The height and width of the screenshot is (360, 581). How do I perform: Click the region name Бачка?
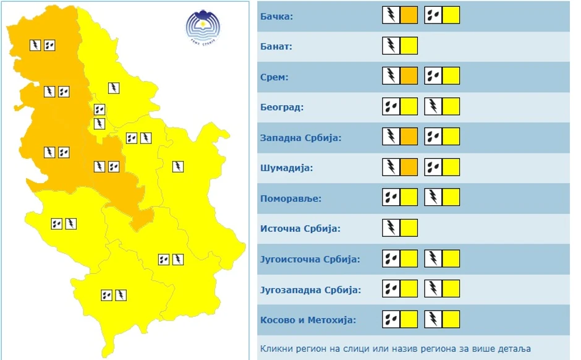click(276, 16)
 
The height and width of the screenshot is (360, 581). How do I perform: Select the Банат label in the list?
click(276, 46)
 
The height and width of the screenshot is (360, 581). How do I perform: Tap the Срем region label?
click(274, 77)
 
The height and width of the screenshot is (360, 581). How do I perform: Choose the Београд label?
click(282, 108)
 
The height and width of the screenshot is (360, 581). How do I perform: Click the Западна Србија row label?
click(300, 137)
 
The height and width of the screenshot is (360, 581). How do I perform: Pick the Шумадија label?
click(287, 168)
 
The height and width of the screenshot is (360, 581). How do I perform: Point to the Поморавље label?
click(290, 199)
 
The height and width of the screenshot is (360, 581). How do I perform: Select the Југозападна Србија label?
click(310, 289)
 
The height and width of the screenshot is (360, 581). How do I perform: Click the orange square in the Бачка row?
click(409, 15)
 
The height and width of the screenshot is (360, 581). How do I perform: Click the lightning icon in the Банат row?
click(391, 46)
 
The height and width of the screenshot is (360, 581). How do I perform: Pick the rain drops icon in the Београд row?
click(391, 106)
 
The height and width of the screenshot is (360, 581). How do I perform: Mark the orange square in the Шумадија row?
click(409, 167)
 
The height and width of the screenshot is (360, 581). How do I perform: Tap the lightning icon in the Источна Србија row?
click(391, 228)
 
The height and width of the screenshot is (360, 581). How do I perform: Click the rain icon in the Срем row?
click(433, 76)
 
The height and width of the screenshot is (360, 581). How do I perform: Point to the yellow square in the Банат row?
click(409, 46)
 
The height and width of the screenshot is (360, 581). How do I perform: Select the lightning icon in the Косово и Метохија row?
click(433, 319)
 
